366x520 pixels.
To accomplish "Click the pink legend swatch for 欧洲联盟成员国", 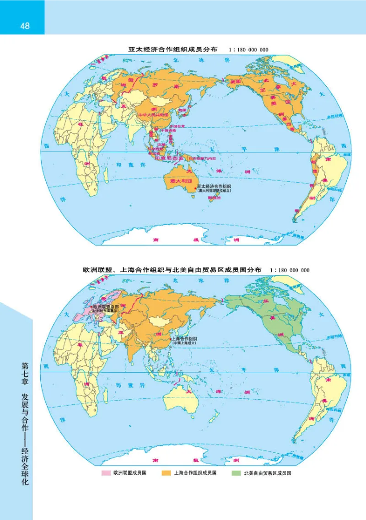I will point(108,473).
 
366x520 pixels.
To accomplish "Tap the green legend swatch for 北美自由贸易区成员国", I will point(237,473).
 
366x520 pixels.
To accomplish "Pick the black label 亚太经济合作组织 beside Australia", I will point(214,186).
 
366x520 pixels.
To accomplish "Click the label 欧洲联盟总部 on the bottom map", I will point(106,306).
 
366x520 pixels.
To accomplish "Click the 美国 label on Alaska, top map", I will point(236,81).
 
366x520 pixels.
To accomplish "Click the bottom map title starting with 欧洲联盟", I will point(169,270).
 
